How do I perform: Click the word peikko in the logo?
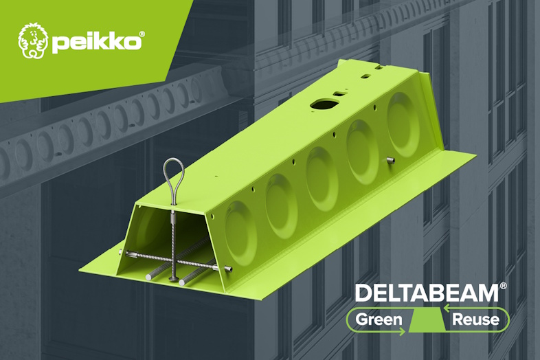(x=95, y=42)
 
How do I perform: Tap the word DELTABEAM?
(x=426, y=293)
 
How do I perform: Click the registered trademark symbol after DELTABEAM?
(x=504, y=285)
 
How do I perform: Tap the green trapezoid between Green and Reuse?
(x=427, y=320)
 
